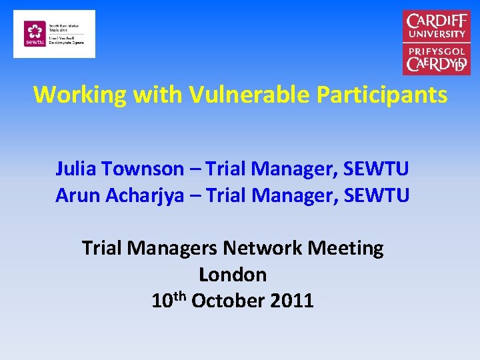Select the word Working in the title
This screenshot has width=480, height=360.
tap(79, 95)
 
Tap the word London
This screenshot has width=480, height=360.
tap(233, 274)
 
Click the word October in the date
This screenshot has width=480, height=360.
tap(229, 301)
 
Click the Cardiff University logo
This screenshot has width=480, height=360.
tap(437, 42)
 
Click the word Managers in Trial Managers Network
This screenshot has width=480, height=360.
tap(174, 248)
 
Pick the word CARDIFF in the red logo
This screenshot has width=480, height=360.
tap(437, 21)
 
